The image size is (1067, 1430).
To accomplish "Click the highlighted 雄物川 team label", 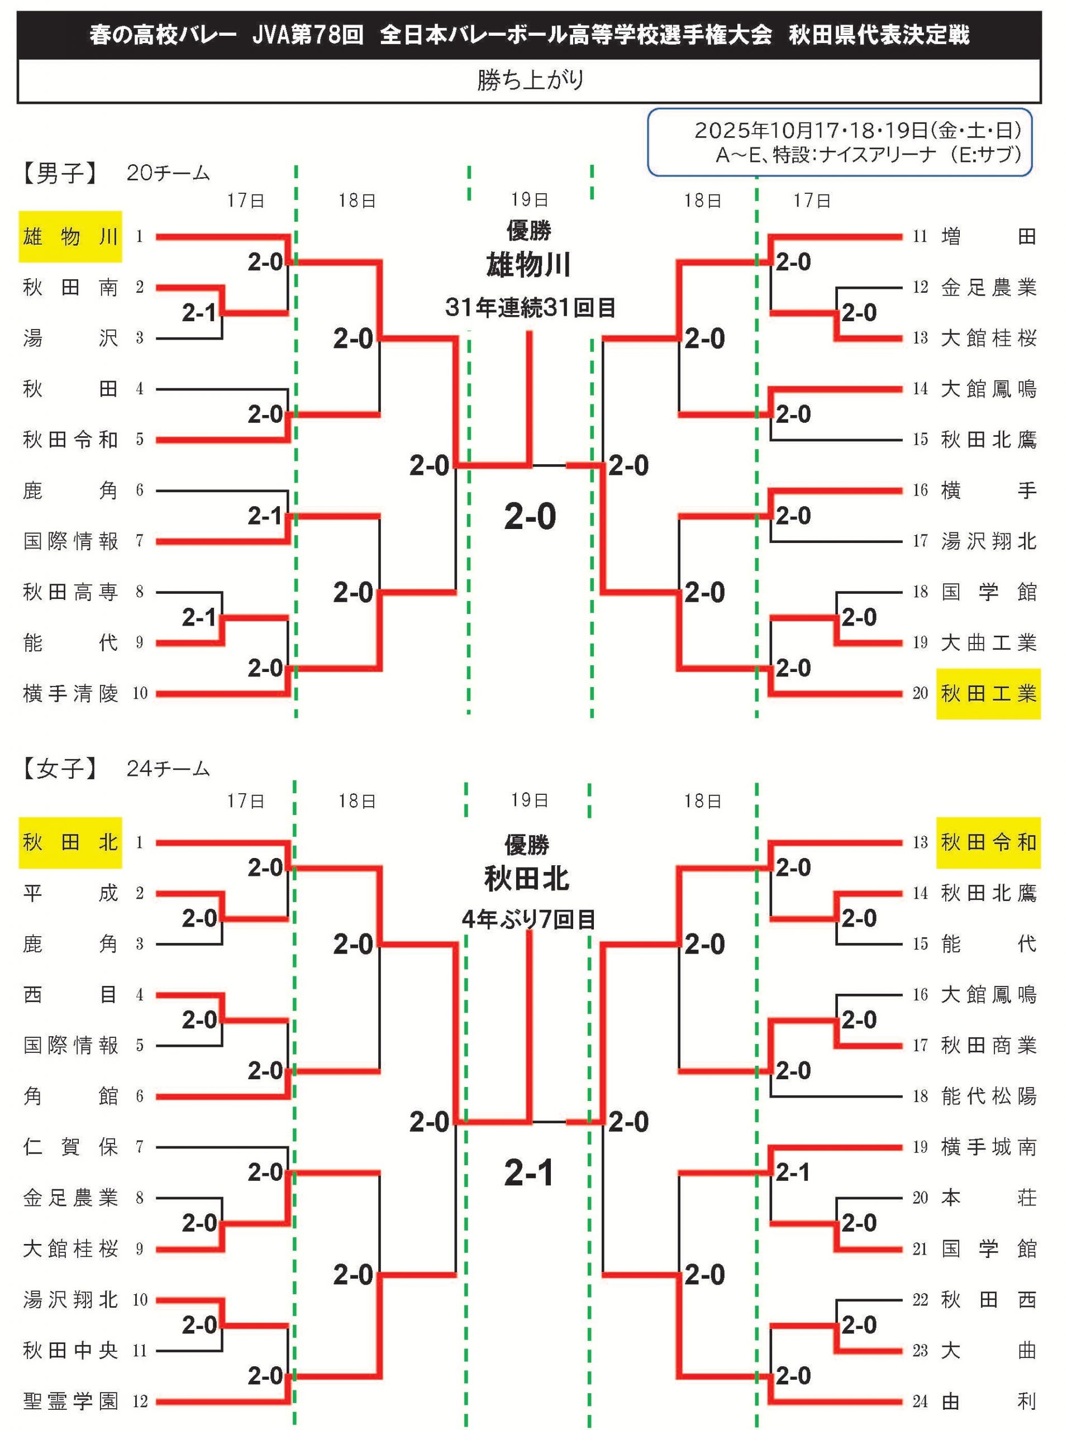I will click(70, 236).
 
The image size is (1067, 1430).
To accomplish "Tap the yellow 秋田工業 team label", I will click(988, 693).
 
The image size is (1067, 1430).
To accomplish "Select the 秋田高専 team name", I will click(70, 592).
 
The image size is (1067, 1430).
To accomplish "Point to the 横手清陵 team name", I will click(70, 693).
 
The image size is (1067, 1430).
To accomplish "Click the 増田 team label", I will click(988, 236).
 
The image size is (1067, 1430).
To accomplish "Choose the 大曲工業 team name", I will click(988, 642).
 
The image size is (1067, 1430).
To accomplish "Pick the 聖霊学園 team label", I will click(70, 1401).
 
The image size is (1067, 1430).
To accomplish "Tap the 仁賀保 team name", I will click(70, 1147).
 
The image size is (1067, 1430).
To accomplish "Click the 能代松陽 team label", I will click(988, 1096).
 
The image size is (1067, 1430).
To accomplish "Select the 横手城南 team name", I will click(988, 1147).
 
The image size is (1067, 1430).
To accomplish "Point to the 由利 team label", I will click(988, 1401).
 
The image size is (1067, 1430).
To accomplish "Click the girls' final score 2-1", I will click(529, 1174).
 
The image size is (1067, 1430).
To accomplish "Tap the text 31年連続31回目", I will click(530, 307).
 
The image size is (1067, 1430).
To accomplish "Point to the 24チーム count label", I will click(168, 769).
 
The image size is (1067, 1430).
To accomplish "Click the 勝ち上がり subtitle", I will click(530, 80).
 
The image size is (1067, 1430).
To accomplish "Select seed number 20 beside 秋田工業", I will click(920, 693).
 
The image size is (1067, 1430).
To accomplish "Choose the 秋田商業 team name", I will click(988, 1045).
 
